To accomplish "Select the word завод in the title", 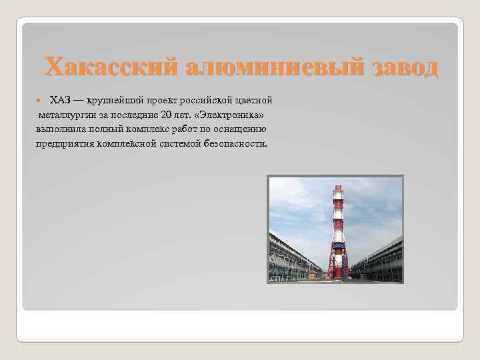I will coord(400,67).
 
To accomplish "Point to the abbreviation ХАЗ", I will coord(60,100).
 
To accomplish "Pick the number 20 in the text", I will coord(167,115).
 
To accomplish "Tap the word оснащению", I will coord(242,129).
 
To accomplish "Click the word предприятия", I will coord(64,143).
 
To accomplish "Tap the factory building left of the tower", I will coord(293,257).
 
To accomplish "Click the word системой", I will coord(180,143).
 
